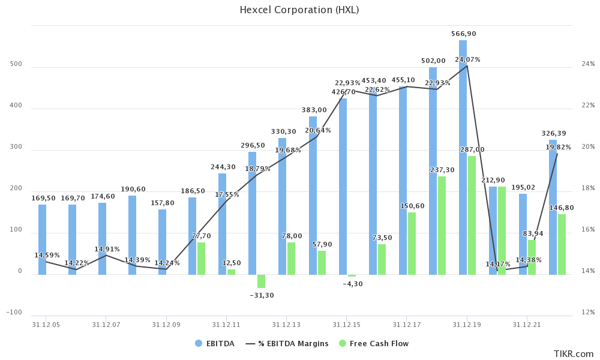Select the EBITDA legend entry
click(x=215, y=344)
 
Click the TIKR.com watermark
click(x=573, y=354)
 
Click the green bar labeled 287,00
click(x=472, y=215)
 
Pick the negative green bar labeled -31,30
click(x=261, y=281)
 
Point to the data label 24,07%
click(x=467, y=59)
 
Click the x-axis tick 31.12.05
click(x=46, y=325)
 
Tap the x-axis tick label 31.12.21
click(x=527, y=325)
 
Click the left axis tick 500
click(x=16, y=64)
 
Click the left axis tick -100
click(x=14, y=313)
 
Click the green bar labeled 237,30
click(x=442, y=226)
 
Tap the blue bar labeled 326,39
click(x=553, y=207)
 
